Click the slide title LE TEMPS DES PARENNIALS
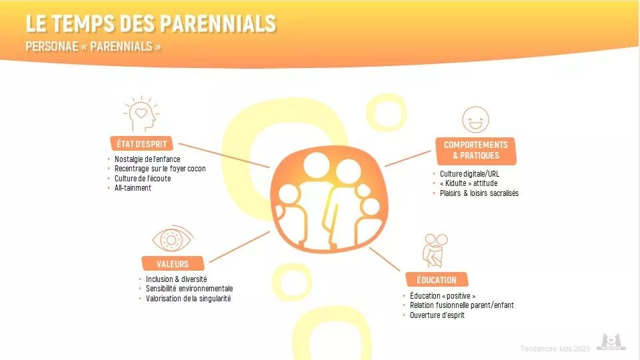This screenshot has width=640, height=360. click(x=151, y=23)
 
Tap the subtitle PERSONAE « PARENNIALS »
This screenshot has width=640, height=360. click(x=93, y=47)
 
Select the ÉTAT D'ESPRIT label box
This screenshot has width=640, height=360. click(x=141, y=144)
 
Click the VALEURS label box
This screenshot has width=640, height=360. click(x=173, y=264)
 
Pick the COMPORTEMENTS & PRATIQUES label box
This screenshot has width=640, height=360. click(x=475, y=150)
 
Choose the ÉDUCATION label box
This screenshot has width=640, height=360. click(x=436, y=280)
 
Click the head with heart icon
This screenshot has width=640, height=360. click(x=141, y=114)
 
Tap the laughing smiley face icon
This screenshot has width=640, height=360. click(x=475, y=119)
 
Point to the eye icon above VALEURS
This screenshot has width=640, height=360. click(x=173, y=239)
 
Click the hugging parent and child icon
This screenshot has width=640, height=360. click(x=435, y=250)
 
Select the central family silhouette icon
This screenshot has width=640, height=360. click(x=329, y=199)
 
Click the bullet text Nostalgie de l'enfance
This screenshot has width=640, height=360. click(x=147, y=159)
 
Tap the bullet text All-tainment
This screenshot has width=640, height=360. click(x=133, y=188)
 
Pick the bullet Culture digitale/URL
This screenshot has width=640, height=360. click(x=469, y=173)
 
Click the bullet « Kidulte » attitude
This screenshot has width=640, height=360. click(x=469, y=183)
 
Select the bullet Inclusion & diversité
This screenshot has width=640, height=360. click(x=176, y=279)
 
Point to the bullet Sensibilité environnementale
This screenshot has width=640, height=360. click(x=189, y=289)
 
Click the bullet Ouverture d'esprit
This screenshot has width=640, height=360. click(x=437, y=315)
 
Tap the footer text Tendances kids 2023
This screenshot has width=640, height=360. click(x=555, y=349)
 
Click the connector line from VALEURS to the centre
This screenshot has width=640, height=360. click(x=239, y=247)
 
